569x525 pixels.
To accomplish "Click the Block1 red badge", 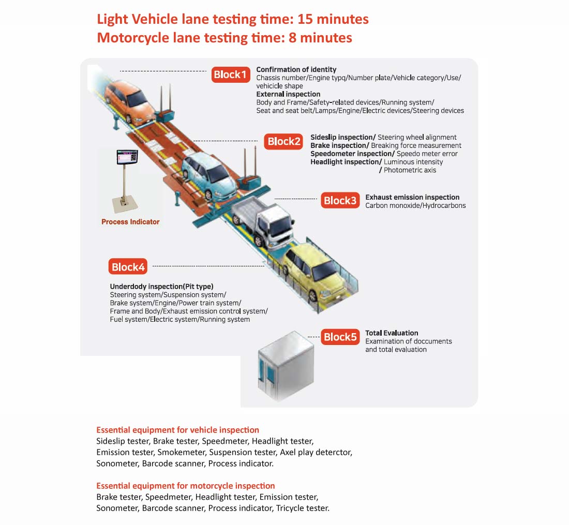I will pyautogui.click(x=231, y=74).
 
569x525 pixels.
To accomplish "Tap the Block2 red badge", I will pyautogui.click(x=283, y=142).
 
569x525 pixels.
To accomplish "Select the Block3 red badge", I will pyautogui.click(x=339, y=201).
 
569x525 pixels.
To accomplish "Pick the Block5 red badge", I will pyautogui.click(x=340, y=337).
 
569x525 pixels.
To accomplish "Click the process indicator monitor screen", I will pyautogui.click(x=127, y=156).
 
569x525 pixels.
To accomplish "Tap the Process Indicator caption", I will pyautogui.click(x=130, y=222).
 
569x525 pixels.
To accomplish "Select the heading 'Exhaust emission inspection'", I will pyautogui.click(x=412, y=197).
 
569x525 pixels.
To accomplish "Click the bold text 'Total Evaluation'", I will pyautogui.click(x=392, y=333).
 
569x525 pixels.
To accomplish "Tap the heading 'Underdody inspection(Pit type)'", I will pyautogui.click(x=161, y=286).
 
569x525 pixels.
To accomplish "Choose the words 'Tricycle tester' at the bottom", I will pyautogui.click(x=303, y=508).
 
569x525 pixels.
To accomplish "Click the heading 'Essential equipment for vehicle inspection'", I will pyautogui.click(x=177, y=430).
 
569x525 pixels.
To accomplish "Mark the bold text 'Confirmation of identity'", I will pyautogui.click(x=296, y=69).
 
